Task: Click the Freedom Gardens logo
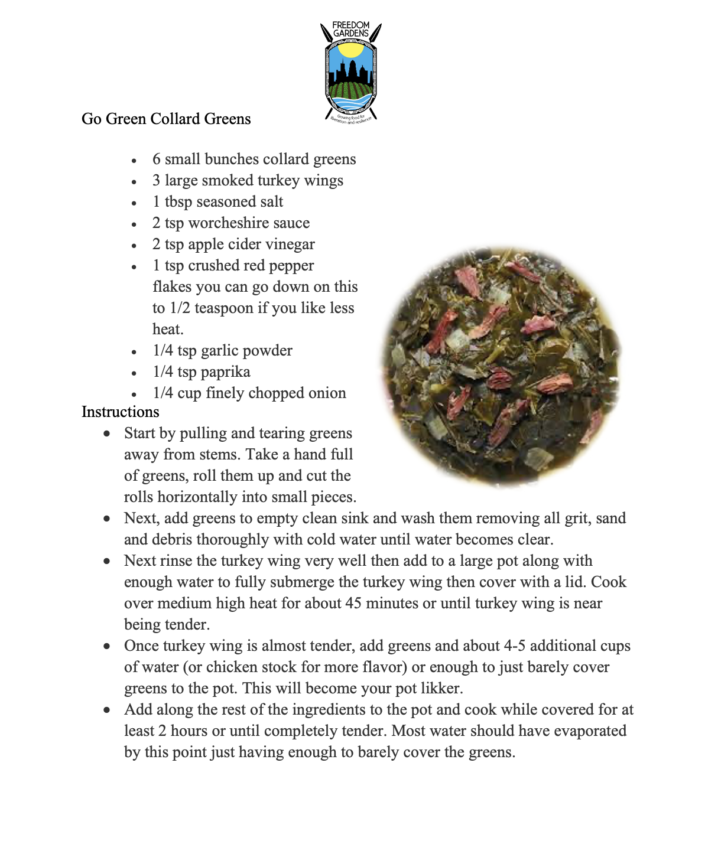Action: (351, 72)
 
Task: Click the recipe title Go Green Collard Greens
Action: (166, 119)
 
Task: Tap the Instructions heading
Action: (121, 412)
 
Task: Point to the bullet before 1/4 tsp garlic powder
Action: (135, 352)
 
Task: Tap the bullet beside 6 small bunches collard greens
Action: (135, 161)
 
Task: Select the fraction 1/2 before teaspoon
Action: (180, 308)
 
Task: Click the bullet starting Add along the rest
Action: (106, 710)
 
